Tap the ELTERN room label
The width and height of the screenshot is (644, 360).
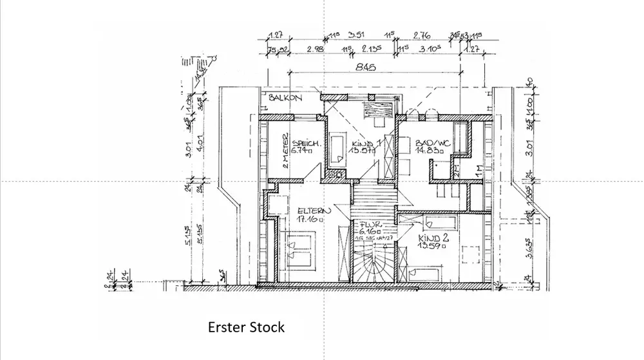click(314, 210)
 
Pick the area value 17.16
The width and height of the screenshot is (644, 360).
click(309, 219)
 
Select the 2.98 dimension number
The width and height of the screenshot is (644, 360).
click(315, 49)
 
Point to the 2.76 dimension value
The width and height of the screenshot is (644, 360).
click(422, 35)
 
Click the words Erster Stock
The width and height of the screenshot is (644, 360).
click(245, 327)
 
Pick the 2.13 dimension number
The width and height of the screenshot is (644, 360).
click(373, 49)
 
